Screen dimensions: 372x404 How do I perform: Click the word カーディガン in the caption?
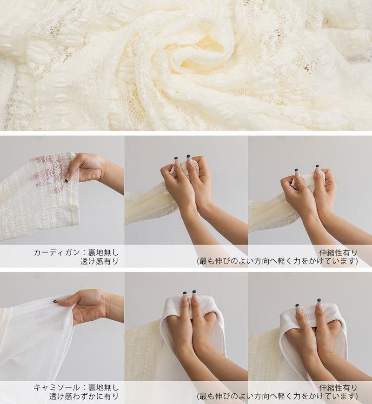pyautogui.click(x=57, y=252)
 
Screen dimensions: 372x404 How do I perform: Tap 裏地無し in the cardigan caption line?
pyautogui.click(x=103, y=252)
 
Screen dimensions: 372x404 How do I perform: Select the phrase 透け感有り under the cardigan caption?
pyautogui.click(x=99, y=261)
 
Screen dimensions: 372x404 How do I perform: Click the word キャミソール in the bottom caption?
pyautogui.click(x=57, y=387)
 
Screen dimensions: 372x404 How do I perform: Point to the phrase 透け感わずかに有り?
pyautogui.click(x=84, y=396)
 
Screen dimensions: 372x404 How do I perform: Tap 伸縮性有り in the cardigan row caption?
pyautogui.click(x=338, y=252)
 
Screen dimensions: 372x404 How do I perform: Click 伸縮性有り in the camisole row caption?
pyautogui.click(x=338, y=388)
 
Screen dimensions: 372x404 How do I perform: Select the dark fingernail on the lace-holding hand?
pyautogui.click(x=67, y=180)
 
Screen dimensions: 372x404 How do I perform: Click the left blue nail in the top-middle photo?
pyautogui.click(x=176, y=158)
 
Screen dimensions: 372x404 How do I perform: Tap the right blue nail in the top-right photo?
pyautogui.click(x=318, y=166)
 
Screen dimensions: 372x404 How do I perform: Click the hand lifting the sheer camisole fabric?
pyautogui.click(x=85, y=307)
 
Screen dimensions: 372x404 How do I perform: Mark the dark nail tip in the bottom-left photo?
pyautogui.click(x=55, y=300)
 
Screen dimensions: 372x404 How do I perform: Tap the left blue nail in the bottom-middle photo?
pyautogui.click(x=185, y=293)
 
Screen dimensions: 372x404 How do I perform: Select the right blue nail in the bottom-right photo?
pyautogui.click(x=319, y=300)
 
